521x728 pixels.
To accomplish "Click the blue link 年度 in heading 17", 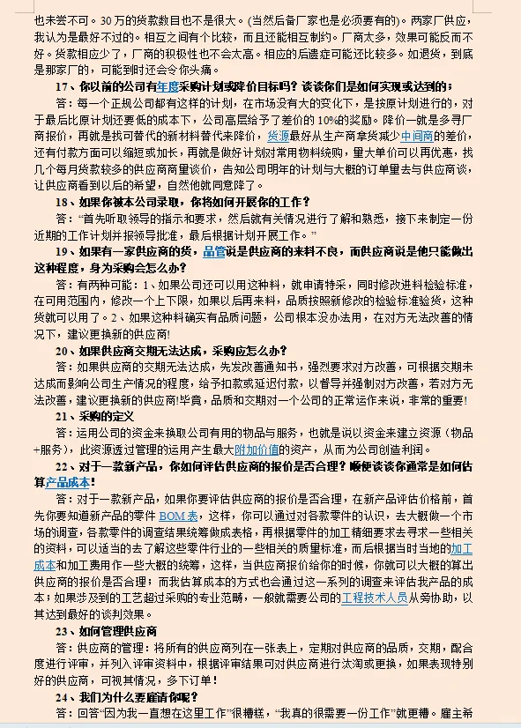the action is (x=168, y=86).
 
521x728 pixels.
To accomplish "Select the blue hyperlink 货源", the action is (x=278, y=137).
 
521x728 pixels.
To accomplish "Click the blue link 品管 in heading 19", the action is (x=213, y=252).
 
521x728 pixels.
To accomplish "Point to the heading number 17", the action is (x=63, y=86).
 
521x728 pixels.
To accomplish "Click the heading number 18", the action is (x=63, y=203).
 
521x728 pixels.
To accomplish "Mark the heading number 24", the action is (x=63, y=696).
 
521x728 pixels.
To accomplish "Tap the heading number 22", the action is (x=63, y=465).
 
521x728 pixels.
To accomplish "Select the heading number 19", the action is (x=63, y=252).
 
